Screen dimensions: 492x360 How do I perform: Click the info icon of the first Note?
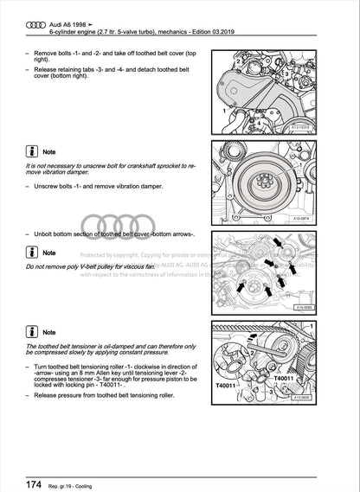(x=32, y=150)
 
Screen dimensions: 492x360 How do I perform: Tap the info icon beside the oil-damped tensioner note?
(x=32, y=330)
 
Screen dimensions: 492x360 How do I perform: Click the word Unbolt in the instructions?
(x=47, y=234)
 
